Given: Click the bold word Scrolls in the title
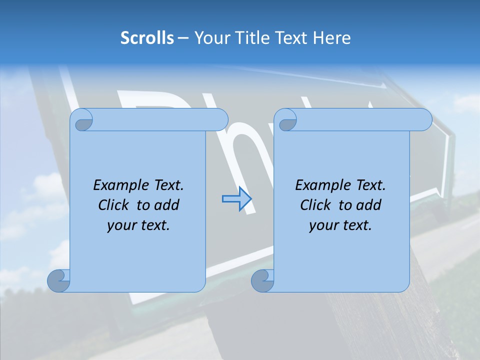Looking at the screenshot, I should (x=147, y=38).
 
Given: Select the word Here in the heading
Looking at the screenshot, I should (x=332, y=38).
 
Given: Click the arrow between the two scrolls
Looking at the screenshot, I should (x=236, y=199).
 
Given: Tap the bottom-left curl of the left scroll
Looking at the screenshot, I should (x=59, y=280).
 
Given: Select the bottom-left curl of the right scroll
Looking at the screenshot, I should (x=262, y=280).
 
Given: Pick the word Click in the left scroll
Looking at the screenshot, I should (x=109, y=205).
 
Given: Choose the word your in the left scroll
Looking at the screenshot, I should (x=121, y=225).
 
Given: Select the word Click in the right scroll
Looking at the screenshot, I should (x=312, y=205).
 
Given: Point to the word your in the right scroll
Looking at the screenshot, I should (x=323, y=225).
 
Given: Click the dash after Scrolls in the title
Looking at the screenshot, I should (x=183, y=38).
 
